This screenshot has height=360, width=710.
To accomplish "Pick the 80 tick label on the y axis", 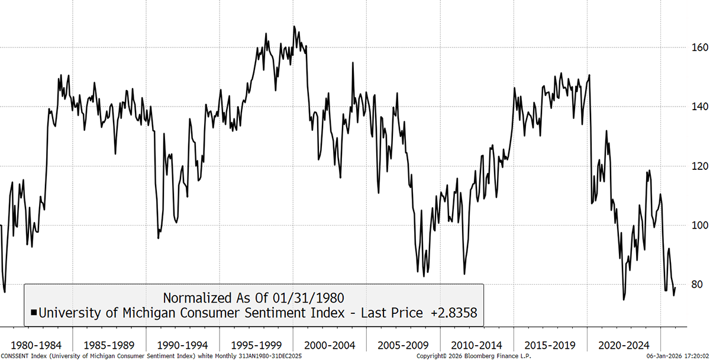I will click(x=690, y=285).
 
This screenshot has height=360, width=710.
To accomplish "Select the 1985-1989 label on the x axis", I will click(x=109, y=345).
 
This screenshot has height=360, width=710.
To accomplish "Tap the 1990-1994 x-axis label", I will click(x=182, y=345).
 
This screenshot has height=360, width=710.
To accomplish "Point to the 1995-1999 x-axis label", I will click(x=256, y=345).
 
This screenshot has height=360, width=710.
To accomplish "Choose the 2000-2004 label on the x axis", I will click(x=329, y=345).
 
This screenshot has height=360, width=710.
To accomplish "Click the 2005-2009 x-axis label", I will click(x=402, y=345).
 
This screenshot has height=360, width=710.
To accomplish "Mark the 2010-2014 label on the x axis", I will click(x=476, y=345).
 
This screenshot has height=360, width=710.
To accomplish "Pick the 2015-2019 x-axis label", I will click(x=550, y=345).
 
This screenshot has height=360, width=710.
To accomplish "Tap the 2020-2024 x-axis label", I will click(x=623, y=345).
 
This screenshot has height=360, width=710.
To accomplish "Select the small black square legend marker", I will click(x=34, y=313).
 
